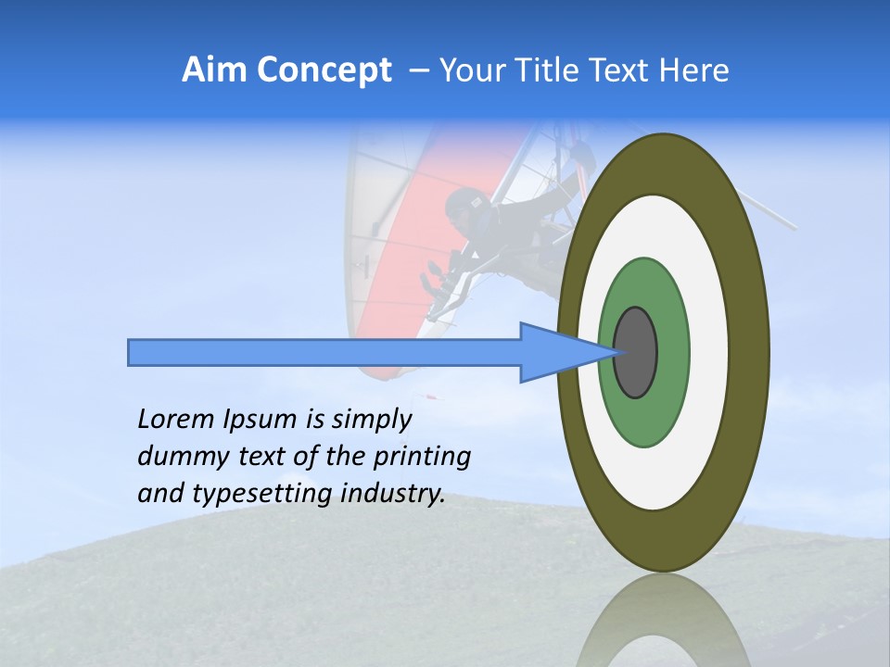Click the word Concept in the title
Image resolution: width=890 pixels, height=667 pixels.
pos(324,70)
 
